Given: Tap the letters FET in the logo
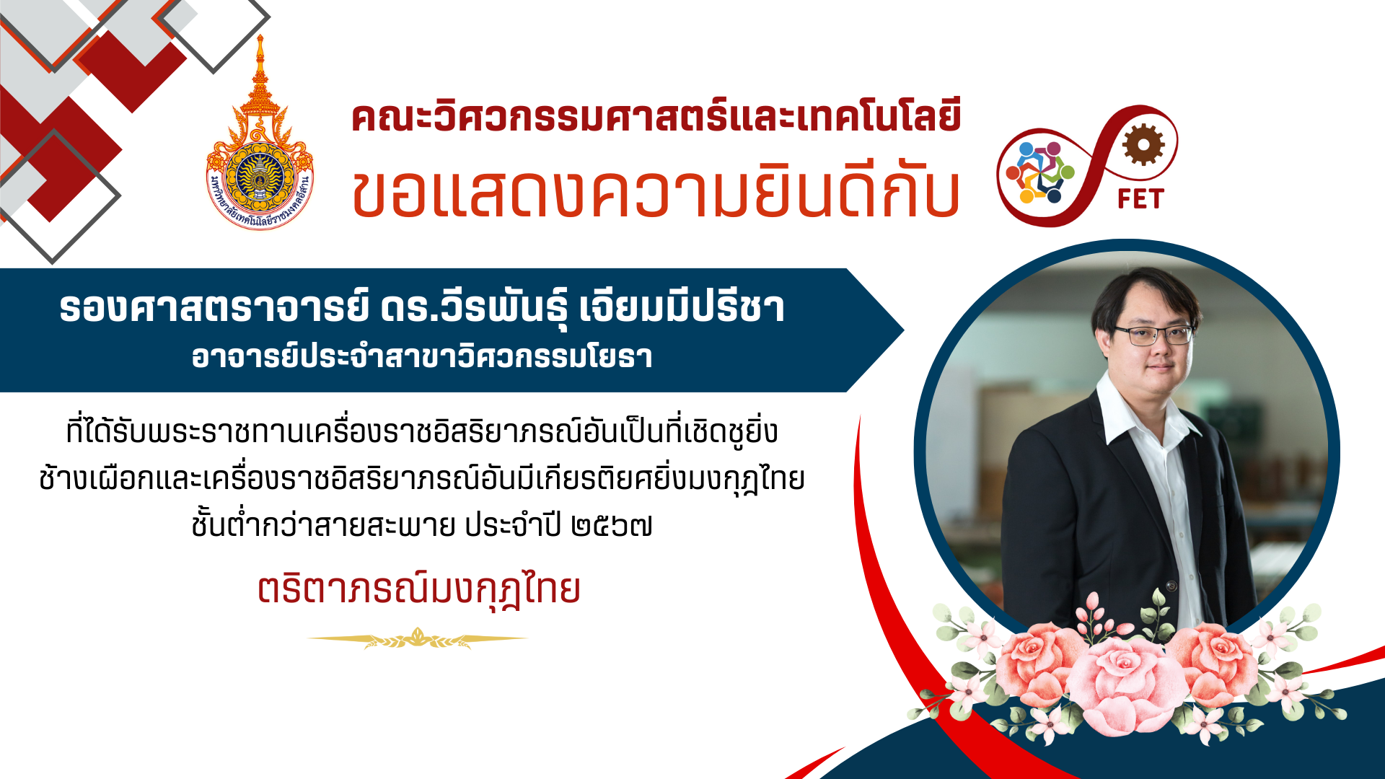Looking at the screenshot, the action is (1140, 198).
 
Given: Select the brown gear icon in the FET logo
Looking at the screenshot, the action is (1143, 144).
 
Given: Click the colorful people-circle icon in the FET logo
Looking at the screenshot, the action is (1040, 172).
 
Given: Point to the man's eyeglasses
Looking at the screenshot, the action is (1153, 335).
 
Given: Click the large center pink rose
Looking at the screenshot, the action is (1125, 685).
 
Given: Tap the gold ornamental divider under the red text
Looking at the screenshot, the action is (418, 638).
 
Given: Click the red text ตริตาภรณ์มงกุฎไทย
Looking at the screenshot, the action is (419, 589).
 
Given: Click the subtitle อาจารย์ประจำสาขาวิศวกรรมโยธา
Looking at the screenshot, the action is (422, 356).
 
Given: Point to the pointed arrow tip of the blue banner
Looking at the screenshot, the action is (903, 330).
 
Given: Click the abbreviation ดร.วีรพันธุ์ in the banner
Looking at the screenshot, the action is (475, 308).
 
